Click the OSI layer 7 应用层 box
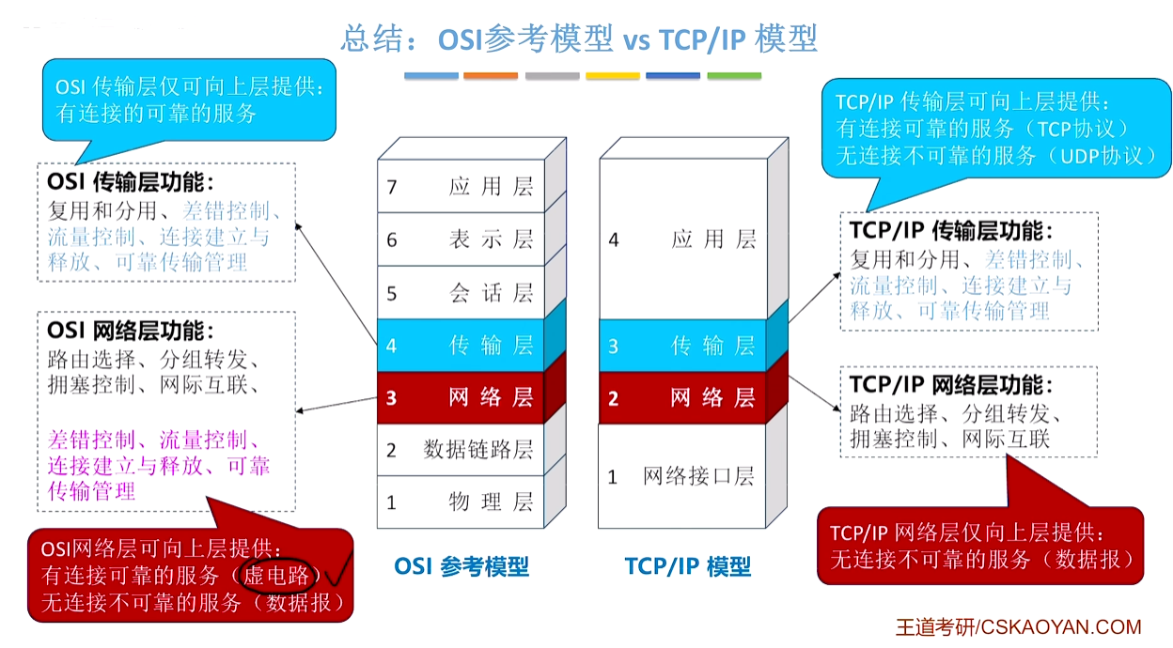pyautogui.click(x=461, y=186)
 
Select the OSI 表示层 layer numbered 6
pyautogui.click(x=461, y=239)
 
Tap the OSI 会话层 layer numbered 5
pyautogui.click(x=461, y=293)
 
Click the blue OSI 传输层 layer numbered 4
pyautogui.click(x=461, y=346)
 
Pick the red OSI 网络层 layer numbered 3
pyautogui.click(x=461, y=398)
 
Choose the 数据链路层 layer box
pyautogui.click(x=461, y=450)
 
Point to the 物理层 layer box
pyautogui.click(x=461, y=501)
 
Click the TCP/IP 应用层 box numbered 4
pyautogui.click(x=683, y=239)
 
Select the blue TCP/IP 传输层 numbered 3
pyautogui.click(x=683, y=346)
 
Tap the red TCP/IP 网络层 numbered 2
pyautogui.click(x=683, y=398)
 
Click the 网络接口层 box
pyautogui.click(x=683, y=476)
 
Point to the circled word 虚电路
pyautogui.click(x=277, y=576)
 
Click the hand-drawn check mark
pyautogui.click(x=339, y=571)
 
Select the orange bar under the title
pyautogui.click(x=491, y=76)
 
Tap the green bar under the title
pyautogui.click(x=734, y=76)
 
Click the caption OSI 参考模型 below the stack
pyautogui.click(x=461, y=566)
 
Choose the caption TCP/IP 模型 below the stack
pyautogui.click(x=688, y=566)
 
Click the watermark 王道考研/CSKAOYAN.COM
pyautogui.click(x=1019, y=627)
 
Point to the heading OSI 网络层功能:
pyautogui.click(x=131, y=331)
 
